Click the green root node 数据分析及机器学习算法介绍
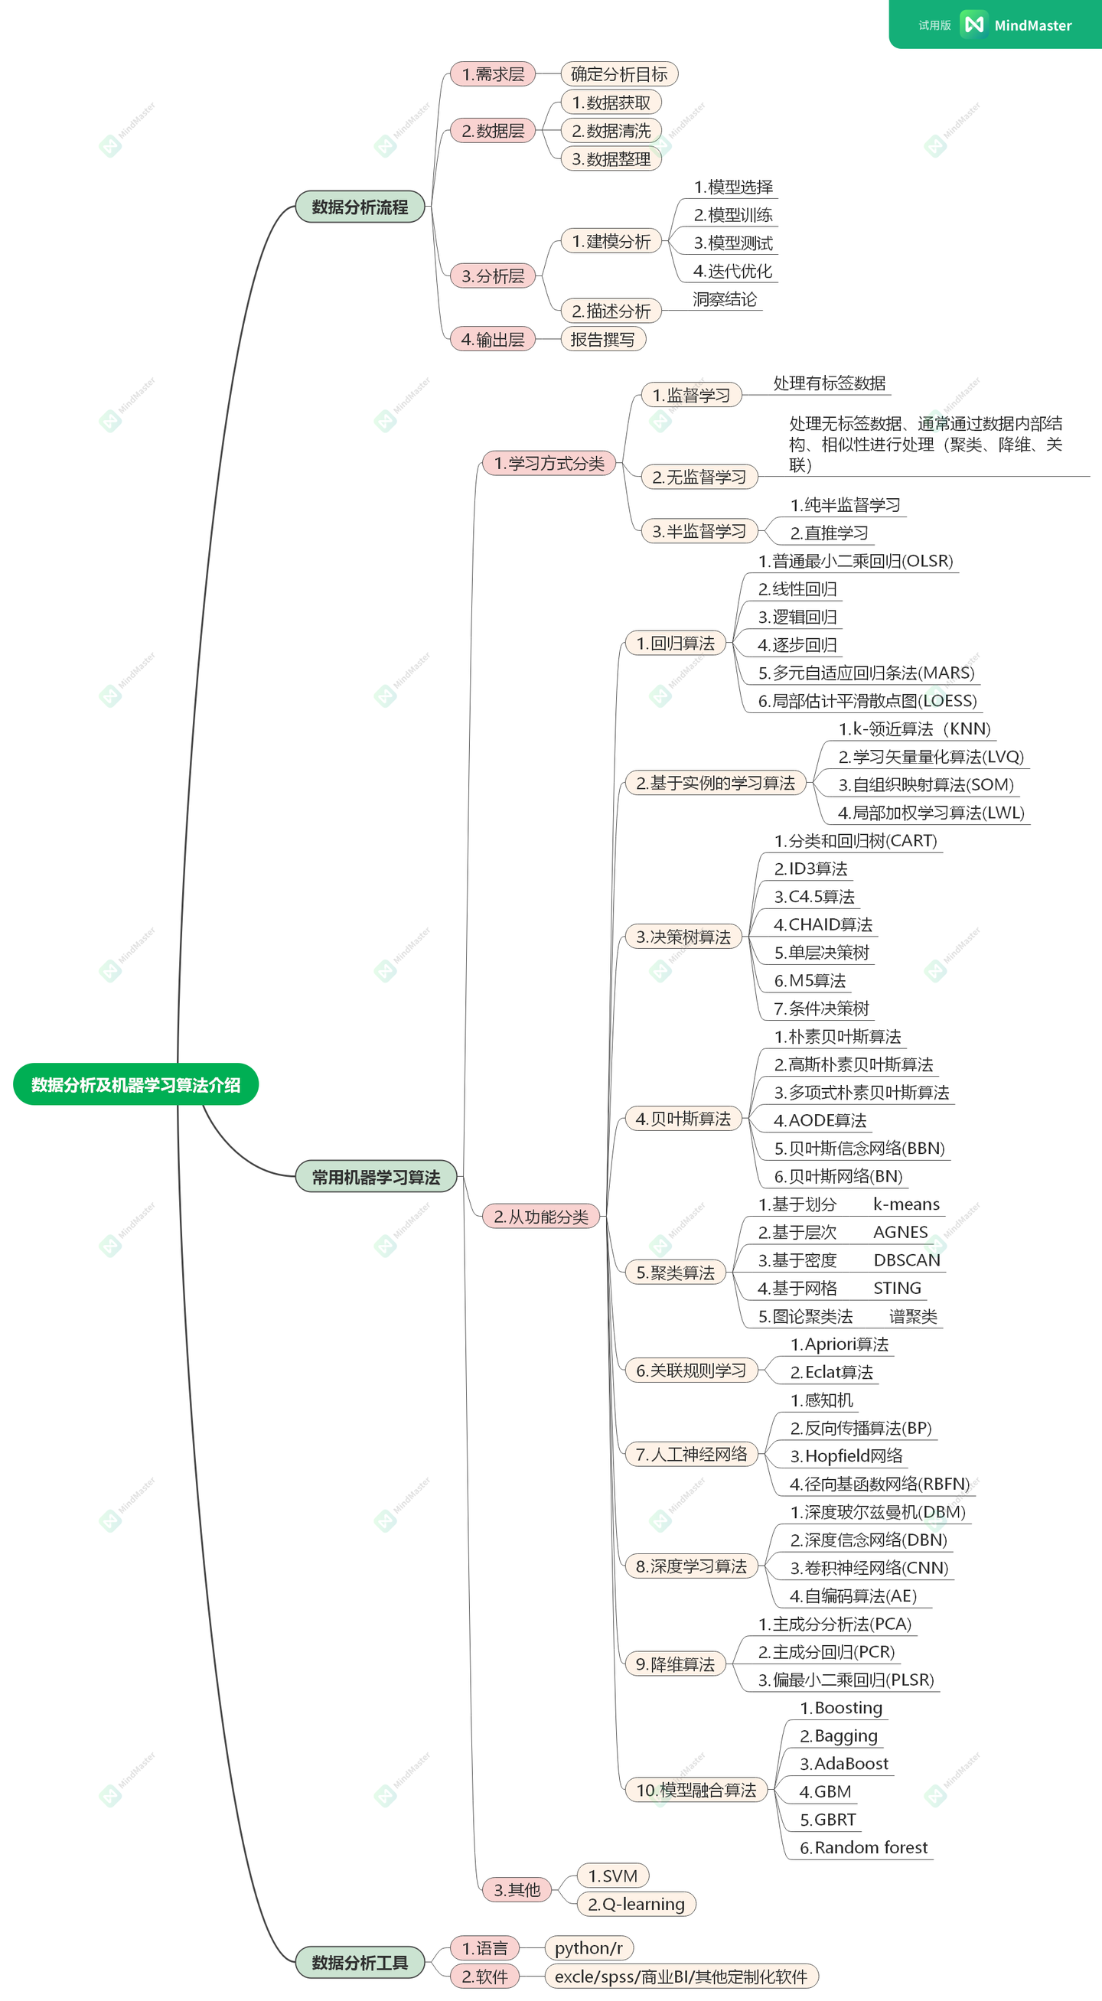click(136, 1084)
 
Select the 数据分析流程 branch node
click(360, 207)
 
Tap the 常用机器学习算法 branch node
click(376, 1177)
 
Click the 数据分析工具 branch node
click(360, 1962)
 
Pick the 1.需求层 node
click(493, 73)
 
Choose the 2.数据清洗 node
click(611, 131)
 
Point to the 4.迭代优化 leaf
click(732, 271)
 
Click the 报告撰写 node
click(602, 339)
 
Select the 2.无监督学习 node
click(699, 476)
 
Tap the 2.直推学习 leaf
click(829, 533)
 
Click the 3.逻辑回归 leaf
click(797, 617)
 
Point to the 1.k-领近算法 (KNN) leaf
click(914, 728)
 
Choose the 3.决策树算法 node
click(683, 937)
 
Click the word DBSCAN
click(906, 1260)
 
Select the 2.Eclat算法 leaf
click(831, 1372)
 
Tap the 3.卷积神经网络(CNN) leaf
click(869, 1568)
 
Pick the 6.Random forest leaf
click(863, 1847)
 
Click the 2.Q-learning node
click(636, 1904)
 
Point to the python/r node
click(588, 1947)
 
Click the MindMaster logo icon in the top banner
click(974, 24)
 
